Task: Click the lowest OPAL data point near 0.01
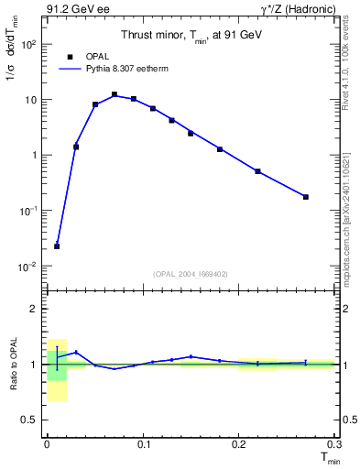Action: point(57,246)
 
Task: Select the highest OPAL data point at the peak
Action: point(115,94)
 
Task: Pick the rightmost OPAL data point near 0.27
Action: point(306,197)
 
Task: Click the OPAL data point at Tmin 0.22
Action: point(258,171)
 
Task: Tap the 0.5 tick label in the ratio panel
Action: point(29,420)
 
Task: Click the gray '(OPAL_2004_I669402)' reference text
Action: point(191,272)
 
